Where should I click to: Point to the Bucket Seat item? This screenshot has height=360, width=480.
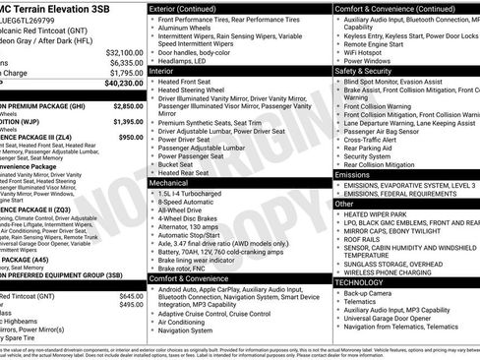point(181,162)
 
